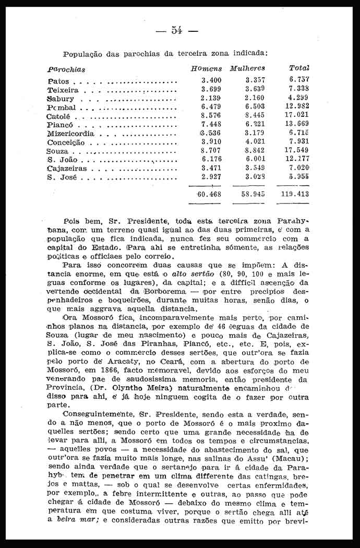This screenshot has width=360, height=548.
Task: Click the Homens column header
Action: point(206,68)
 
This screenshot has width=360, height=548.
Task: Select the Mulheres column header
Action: point(247,68)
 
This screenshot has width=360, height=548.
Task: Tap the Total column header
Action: point(299,68)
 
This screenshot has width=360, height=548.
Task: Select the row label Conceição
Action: point(66,142)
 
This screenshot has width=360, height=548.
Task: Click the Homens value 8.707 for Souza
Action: point(211,151)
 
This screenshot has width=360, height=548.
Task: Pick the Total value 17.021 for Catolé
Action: point(299,116)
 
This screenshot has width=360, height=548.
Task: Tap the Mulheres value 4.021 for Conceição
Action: point(255,142)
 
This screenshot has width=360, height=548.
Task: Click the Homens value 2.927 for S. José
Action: point(211,177)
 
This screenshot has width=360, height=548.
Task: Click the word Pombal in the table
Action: point(62,107)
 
